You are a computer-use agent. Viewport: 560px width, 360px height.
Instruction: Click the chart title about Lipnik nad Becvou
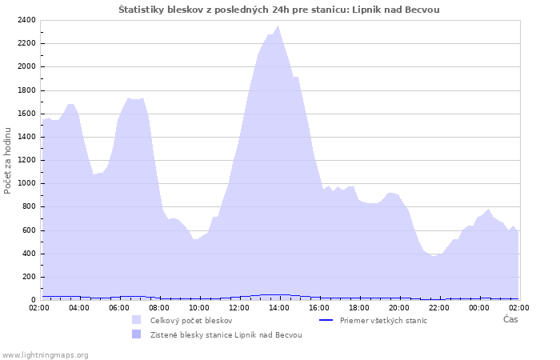point(279,10)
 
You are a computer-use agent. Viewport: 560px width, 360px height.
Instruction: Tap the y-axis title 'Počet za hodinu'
point(8,160)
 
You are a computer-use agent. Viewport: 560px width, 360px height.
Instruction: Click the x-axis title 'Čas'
point(510,320)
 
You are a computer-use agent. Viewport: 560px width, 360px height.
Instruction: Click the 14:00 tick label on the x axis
point(279,307)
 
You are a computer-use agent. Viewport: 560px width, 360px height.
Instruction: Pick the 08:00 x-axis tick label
point(159,307)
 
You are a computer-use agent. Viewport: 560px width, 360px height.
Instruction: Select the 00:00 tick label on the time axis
point(479,307)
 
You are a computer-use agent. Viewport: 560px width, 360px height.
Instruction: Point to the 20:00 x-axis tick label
point(399,307)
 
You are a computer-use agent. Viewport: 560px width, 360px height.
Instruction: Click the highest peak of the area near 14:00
point(278,26)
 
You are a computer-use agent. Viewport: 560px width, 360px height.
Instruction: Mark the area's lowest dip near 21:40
point(433,256)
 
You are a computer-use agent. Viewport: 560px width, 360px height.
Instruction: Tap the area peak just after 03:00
point(70,104)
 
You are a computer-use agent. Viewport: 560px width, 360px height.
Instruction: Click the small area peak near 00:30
point(488,210)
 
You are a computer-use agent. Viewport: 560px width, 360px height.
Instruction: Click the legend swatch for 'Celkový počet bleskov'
point(137,320)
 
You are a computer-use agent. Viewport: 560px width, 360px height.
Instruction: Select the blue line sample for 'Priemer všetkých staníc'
point(326,320)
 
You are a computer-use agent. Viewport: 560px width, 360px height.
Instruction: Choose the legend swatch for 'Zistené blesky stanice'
point(137,334)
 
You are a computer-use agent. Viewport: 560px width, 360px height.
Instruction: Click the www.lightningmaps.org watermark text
point(46,354)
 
